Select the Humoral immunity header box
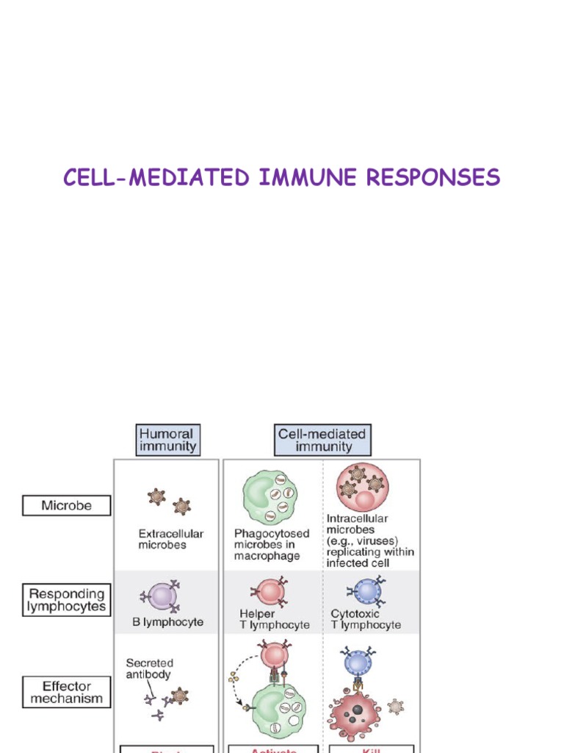coord(167,440)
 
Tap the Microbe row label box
coord(66,506)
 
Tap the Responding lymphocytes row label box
coord(66,599)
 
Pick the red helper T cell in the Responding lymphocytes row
coord(270,591)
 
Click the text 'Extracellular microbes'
coord(171,539)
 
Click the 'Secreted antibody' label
coord(149,668)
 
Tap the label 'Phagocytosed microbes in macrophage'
coord(272,545)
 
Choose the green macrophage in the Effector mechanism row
coord(279,710)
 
